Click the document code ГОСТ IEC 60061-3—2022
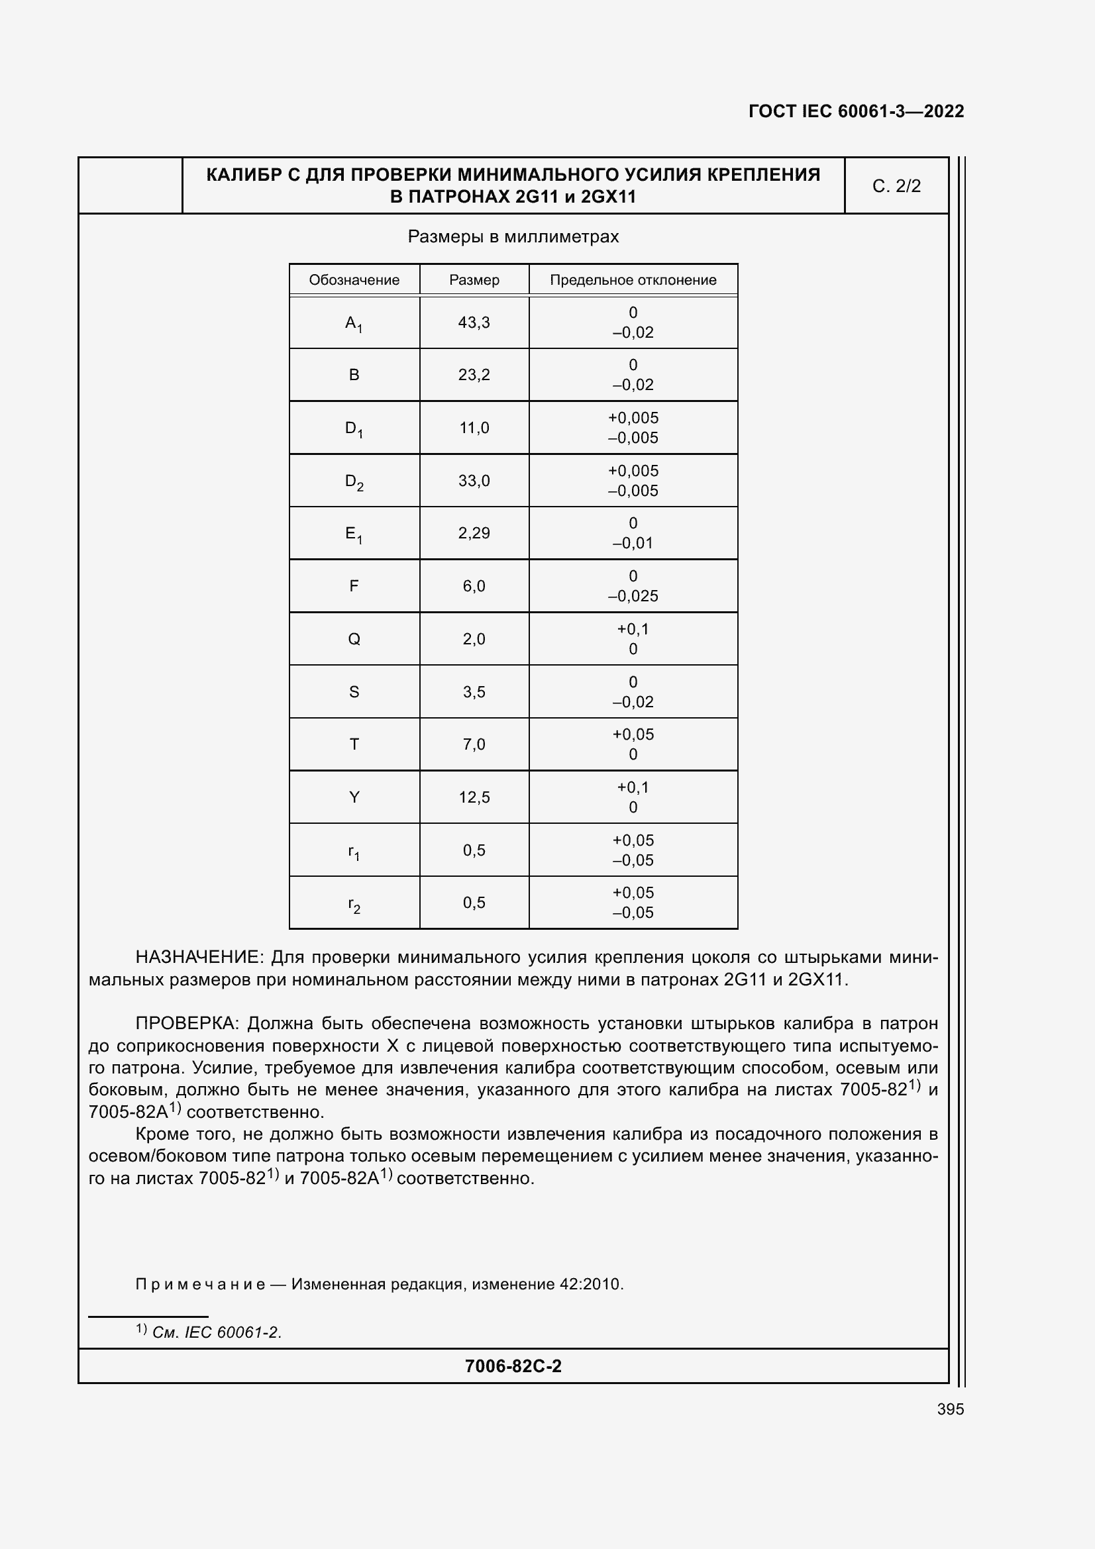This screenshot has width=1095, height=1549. pos(855,111)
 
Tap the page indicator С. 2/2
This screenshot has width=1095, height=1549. pos(896,186)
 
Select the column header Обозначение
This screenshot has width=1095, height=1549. pos(354,280)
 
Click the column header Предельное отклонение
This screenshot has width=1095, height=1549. pos(633,280)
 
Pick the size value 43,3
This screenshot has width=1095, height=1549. pos(474,323)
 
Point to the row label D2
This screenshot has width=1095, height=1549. pos(354,481)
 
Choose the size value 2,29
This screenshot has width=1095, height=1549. pos(474,533)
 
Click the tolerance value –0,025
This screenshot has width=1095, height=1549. pos(633,597)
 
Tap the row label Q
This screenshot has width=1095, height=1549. pos(354,639)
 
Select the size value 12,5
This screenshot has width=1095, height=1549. pos(474,797)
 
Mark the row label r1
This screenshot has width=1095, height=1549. pos(354,852)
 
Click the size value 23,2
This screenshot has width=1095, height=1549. pos(474,375)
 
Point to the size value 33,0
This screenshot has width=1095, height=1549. pos(474,481)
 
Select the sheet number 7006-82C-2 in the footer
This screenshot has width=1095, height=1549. pos(513,1366)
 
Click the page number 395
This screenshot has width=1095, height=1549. pos(950,1409)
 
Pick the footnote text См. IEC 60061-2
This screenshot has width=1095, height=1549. pos(217,1332)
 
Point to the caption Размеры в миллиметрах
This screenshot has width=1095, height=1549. pos(513,237)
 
